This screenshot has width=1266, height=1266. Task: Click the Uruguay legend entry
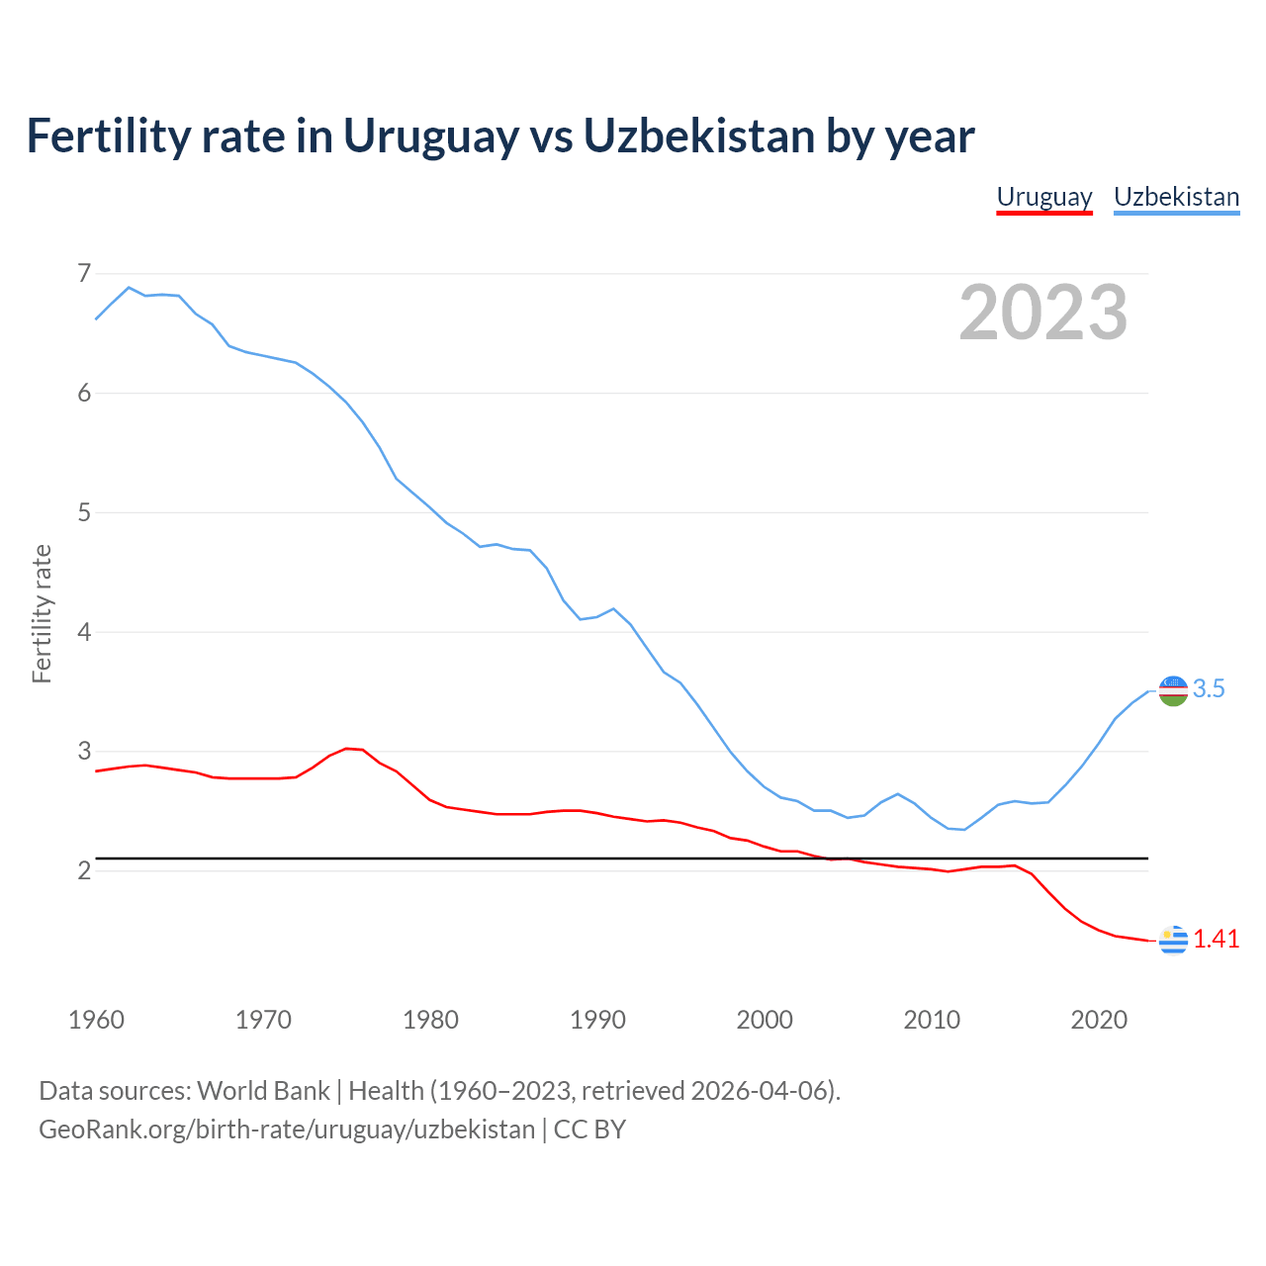(1043, 197)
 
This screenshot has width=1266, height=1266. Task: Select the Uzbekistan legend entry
(1176, 197)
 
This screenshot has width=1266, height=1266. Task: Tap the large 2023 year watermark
(1042, 313)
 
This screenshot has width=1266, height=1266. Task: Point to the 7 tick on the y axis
(84, 273)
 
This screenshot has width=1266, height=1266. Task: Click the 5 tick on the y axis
(84, 512)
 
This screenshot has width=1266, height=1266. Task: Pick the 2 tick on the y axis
(84, 870)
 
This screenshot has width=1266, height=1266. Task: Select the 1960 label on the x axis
(96, 1020)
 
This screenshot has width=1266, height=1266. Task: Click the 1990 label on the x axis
(597, 1020)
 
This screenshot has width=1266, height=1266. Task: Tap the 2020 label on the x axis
(1099, 1020)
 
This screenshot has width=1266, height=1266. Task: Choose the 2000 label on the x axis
(765, 1020)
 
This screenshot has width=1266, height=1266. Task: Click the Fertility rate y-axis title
(42, 613)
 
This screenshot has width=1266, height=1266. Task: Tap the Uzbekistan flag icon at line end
(1173, 690)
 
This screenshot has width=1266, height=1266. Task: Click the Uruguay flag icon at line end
(1173, 940)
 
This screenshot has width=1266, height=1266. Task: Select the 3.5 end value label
(1209, 689)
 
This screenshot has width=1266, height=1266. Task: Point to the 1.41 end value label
(1216, 940)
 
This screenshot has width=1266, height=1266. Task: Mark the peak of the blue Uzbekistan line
(129, 288)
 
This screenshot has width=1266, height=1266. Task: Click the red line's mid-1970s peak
(346, 749)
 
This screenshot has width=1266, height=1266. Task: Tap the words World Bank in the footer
(263, 1091)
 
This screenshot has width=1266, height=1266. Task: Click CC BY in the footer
(589, 1130)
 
